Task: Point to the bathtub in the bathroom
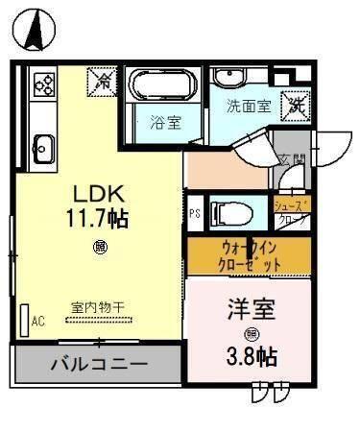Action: [x=160, y=87]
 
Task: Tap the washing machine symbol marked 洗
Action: [x=298, y=104]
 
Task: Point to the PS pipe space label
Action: [x=195, y=213]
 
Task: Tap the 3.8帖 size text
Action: [x=252, y=357]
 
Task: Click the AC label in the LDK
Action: [x=38, y=322]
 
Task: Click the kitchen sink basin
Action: [x=44, y=147]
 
